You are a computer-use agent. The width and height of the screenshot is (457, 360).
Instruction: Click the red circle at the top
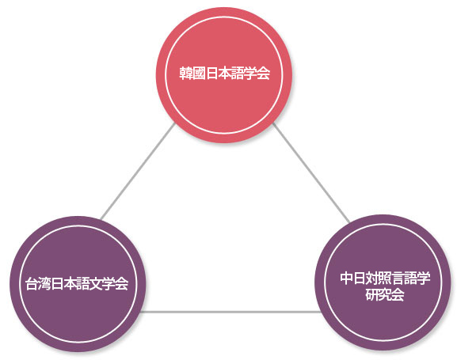(x=224, y=75)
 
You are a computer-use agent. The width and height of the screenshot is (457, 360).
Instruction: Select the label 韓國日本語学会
(x=224, y=73)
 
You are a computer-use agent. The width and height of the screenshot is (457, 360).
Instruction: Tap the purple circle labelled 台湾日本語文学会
(x=78, y=284)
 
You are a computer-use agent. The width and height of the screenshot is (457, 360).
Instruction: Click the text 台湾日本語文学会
(x=77, y=283)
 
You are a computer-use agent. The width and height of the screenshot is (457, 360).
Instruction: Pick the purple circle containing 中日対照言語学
(x=383, y=282)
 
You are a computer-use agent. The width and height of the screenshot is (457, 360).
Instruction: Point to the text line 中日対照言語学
(x=385, y=279)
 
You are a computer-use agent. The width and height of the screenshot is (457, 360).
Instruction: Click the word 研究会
(x=385, y=294)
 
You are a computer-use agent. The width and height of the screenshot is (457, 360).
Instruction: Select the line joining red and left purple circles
(x=138, y=171)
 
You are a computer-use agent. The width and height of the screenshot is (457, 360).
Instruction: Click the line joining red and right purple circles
(x=311, y=172)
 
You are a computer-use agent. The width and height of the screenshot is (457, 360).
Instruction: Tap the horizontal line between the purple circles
(x=230, y=312)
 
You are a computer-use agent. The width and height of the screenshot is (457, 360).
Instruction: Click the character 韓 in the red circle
(x=185, y=73)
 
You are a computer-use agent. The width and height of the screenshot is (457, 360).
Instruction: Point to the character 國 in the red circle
(x=199, y=73)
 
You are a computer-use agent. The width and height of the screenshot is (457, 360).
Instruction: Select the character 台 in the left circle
(x=32, y=283)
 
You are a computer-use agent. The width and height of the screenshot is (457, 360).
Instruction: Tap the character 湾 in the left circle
(x=44, y=283)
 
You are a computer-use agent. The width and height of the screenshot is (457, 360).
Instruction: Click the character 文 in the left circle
(x=96, y=283)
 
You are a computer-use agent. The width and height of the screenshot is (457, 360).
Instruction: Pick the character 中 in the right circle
(x=346, y=279)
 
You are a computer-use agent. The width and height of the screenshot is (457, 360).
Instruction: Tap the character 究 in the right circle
(x=385, y=294)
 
